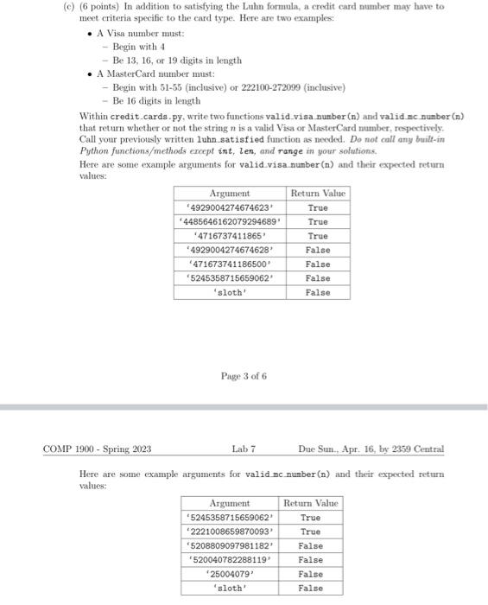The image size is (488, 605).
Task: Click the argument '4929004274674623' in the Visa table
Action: click(230, 207)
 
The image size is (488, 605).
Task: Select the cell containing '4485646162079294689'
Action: click(230, 221)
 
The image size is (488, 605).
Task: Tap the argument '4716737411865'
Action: click(230, 236)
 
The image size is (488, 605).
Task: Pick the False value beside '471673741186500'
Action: click(318, 264)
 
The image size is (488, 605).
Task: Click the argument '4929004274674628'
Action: click(230, 250)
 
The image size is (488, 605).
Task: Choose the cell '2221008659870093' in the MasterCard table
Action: click(230, 532)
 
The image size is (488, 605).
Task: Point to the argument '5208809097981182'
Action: click(230, 545)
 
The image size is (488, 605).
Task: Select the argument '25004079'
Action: click(230, 574)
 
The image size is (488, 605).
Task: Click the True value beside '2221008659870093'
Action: click(311, 532)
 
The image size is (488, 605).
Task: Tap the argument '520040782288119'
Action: click(230, 560)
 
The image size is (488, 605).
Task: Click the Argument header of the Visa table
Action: click(230, 194)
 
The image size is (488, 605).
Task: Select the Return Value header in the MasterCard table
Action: click(311, 503)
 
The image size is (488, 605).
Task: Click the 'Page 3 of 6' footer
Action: click(244, 376)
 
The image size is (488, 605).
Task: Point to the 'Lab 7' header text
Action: click(244, 449)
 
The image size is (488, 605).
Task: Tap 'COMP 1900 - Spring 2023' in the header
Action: click(98, 449)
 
